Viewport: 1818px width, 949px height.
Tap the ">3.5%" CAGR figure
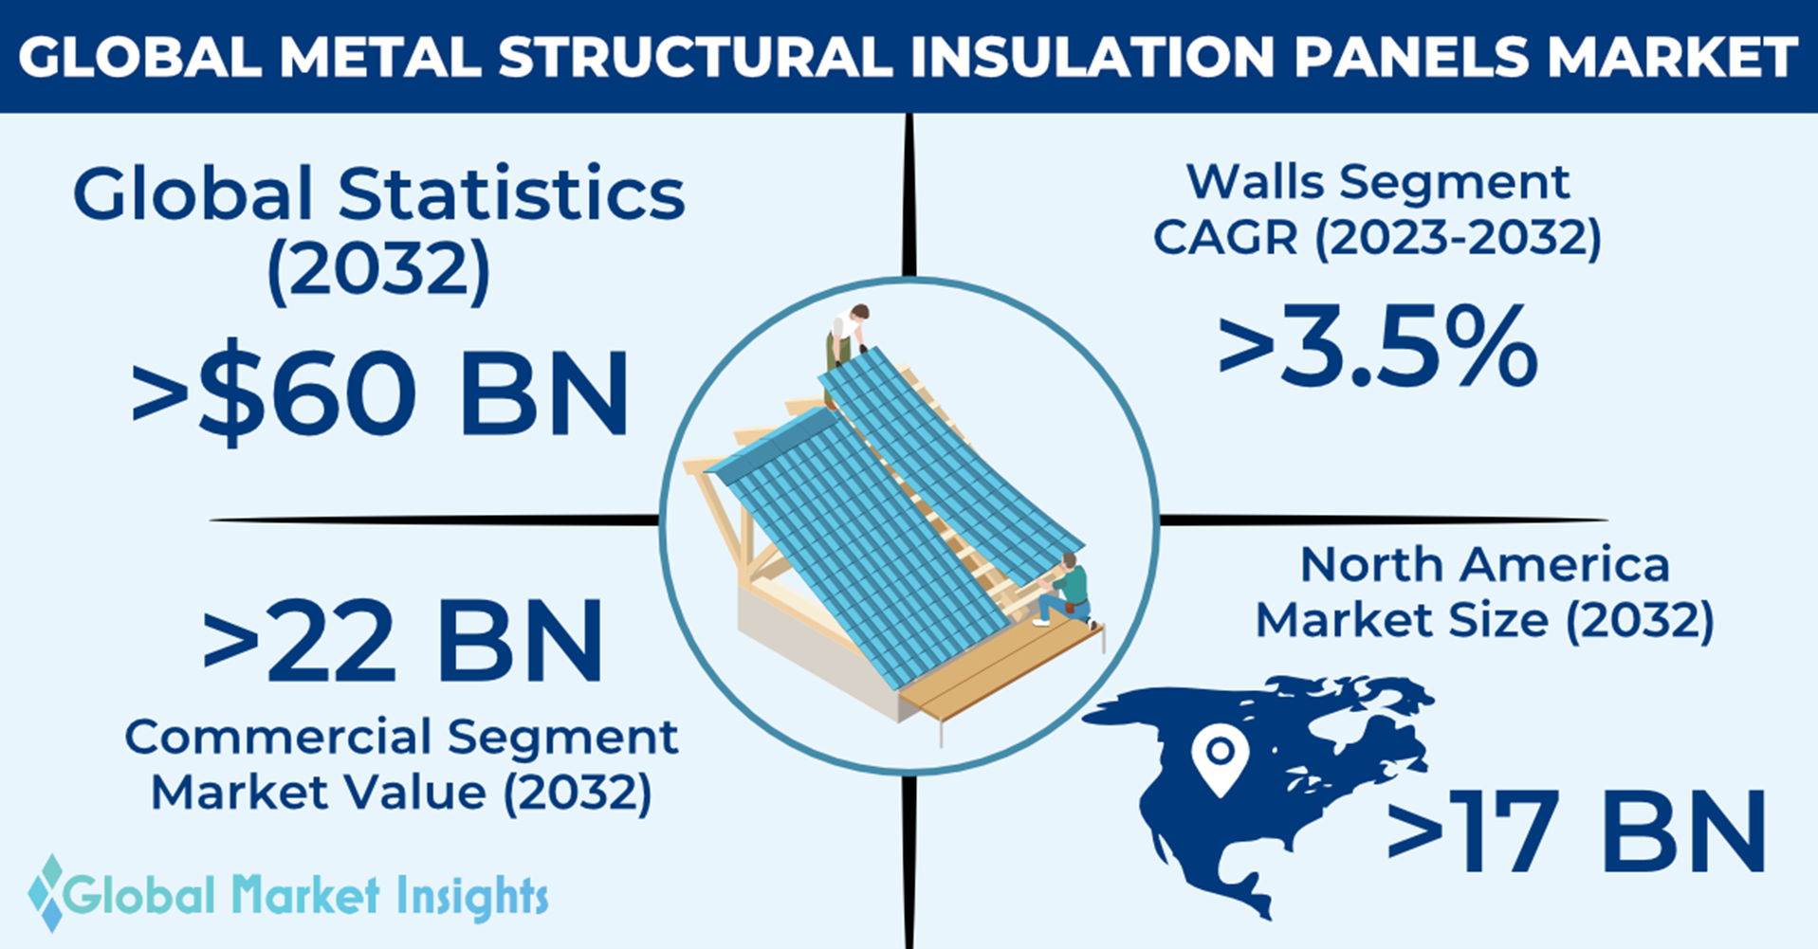pyautogui.click(x=1378, y=347)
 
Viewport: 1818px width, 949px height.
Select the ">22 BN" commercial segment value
pyautogui.click(x=403, y=642)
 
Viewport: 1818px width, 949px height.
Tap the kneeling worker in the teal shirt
pyautogui.click(x=1065, y=591)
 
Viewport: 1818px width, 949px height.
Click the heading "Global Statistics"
pyautogui.click(x=378, y=194)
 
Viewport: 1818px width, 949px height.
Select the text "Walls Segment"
pyautogui.click(x=1378, y=181)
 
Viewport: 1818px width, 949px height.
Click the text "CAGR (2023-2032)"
pyautogui.click(x=1377, y=237)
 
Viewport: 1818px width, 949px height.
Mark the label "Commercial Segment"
pyautogui.click(x=401, y=736)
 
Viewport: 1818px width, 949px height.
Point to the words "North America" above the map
pyautogui.click(x=1485, y=565)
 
